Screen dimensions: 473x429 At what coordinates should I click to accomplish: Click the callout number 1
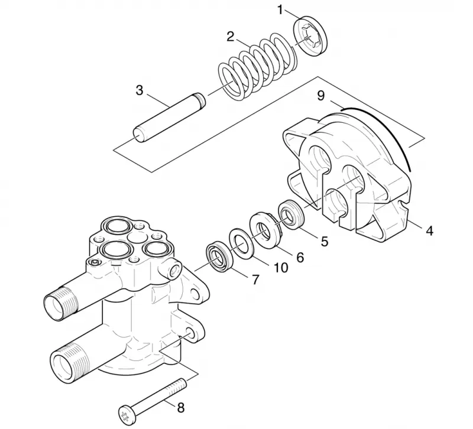(280, 10)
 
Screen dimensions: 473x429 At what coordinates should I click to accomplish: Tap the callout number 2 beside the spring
(230, 37)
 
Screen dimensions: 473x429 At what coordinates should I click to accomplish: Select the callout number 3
(140, 90)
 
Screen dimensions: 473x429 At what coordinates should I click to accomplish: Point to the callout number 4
(430, 230)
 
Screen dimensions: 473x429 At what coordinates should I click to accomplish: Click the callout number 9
(320, 95)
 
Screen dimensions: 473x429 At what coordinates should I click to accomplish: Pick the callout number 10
(280, 267)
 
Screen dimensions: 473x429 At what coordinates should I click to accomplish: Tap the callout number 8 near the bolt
(180, 408)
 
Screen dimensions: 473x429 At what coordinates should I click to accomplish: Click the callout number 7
(255, 279)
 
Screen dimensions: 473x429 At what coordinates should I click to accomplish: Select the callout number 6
(300, 257)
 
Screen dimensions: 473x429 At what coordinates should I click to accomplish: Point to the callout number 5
(324, 241)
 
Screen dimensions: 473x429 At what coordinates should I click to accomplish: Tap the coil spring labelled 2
(256, 66)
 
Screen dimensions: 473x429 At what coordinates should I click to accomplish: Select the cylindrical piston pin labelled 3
(169, 118)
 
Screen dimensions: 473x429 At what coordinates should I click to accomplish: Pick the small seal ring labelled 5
(291, 214)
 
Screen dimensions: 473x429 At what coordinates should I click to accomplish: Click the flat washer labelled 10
(241, 243)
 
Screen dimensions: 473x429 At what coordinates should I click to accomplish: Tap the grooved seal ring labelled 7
(219, 256)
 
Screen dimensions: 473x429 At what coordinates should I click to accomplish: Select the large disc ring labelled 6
(265, 230)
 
